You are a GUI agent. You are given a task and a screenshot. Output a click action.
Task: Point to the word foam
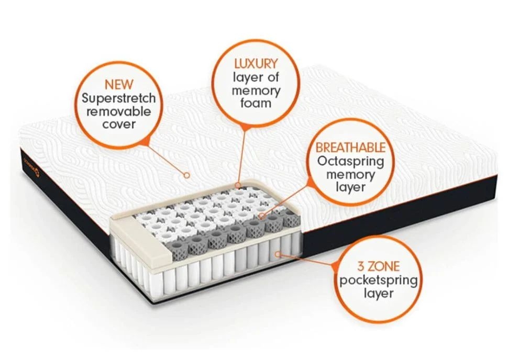pyautogui.click(x=256, y=103)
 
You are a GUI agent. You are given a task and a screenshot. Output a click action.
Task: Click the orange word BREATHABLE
pyautogui.click(x=350, y=148)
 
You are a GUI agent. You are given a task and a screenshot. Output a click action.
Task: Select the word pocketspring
pyautogui.click(x=378, y=280)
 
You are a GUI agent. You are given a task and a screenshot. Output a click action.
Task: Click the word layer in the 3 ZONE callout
pyautogui.click(x=378, y=294)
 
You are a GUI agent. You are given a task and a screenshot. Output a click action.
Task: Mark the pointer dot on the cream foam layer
pyautogui.click(x=239, y=185)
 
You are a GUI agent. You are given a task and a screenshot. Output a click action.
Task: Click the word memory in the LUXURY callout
pyautogui.click(x=256, y=90)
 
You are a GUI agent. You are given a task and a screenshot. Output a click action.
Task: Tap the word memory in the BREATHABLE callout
pyautogui.click(x=350, y=174)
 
